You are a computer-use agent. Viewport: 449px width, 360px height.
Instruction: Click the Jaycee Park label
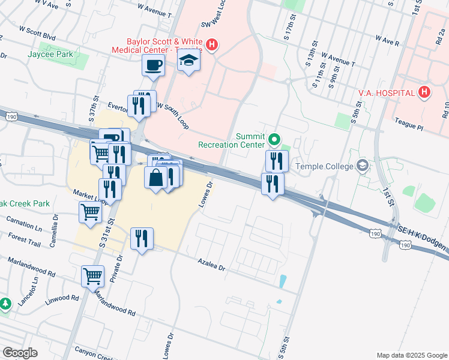coord(50,53)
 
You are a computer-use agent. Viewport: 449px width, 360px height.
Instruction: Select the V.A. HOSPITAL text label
coord(387,92)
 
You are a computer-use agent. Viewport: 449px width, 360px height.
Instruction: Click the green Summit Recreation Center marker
coord(274,140)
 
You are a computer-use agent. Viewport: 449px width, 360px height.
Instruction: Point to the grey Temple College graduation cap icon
coord(362,165)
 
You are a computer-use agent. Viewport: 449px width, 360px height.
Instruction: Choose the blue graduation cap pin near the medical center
coord(188,61)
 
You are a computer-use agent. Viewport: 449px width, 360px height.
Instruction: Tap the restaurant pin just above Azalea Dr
coord(142,238)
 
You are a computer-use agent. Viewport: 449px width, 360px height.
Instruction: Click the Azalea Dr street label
coord(211,263)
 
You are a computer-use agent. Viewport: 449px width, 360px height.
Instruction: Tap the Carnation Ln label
coord(24,225)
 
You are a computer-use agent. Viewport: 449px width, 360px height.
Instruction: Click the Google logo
coord(20,353)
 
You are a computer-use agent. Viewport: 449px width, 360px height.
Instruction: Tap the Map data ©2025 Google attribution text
coord(411,355)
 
